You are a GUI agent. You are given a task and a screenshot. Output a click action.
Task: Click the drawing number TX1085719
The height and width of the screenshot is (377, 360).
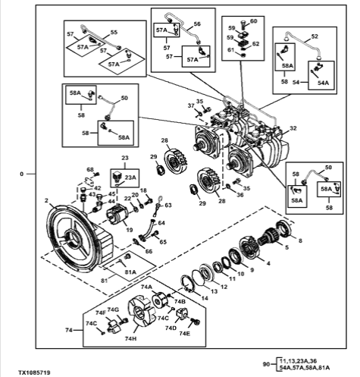(34, 372)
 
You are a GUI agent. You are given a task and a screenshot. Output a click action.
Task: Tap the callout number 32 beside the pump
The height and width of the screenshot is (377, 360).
(293, 128)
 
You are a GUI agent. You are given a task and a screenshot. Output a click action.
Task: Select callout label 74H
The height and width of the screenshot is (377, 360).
(130, 338)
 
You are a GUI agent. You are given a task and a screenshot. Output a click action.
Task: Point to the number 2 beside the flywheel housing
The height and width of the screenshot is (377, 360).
(46, 200)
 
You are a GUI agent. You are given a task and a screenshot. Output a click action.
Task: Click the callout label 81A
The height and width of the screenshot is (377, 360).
(130, 272)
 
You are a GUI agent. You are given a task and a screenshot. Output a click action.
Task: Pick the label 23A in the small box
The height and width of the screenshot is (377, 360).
(130, 178)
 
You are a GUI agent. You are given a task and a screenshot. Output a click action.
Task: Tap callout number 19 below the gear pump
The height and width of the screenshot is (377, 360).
(130, 230)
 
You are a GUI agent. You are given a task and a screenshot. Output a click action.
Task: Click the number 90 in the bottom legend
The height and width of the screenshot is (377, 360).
(267, 364)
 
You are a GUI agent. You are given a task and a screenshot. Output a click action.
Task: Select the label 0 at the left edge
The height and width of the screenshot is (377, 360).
(21, 174)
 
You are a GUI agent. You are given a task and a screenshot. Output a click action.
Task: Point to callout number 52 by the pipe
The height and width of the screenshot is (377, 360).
(315, 36)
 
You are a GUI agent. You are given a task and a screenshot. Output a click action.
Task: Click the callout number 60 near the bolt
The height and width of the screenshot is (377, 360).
(253, 21)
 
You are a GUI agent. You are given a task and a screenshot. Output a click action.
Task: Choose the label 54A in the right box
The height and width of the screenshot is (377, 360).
(324, 83)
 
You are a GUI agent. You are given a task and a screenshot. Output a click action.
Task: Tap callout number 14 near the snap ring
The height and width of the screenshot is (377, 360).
(205, 298)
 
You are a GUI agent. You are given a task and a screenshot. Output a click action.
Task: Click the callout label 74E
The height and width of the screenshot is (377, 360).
(185, 334)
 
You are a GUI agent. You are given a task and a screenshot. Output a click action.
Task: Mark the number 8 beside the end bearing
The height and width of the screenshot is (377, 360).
(300, 240)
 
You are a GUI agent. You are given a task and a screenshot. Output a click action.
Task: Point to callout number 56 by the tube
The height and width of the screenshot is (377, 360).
(197, 24)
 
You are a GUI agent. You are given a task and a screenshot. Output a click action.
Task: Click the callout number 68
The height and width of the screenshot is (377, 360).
(90, 169)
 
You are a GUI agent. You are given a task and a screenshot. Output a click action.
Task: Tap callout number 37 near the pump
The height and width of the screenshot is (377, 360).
(191, 105)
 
